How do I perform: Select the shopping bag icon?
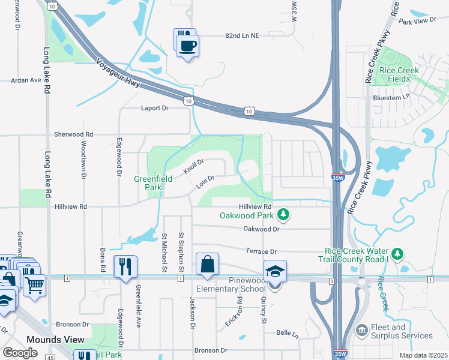(x=207, y=264)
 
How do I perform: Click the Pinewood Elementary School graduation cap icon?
(x=276, y=271)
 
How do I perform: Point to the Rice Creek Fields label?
(x=399, y=74)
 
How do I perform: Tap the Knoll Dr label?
(x=194, y=166)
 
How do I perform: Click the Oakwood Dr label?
(x=262, y=229)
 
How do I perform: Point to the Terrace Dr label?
(x=261, y=251)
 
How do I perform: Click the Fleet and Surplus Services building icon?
(x=361, y=330)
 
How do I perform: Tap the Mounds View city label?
(x=55, y=340)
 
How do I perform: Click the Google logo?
(x=20, y=352)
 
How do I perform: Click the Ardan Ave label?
(x=26, y=80)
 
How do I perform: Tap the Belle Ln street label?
(x=288, y=332)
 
